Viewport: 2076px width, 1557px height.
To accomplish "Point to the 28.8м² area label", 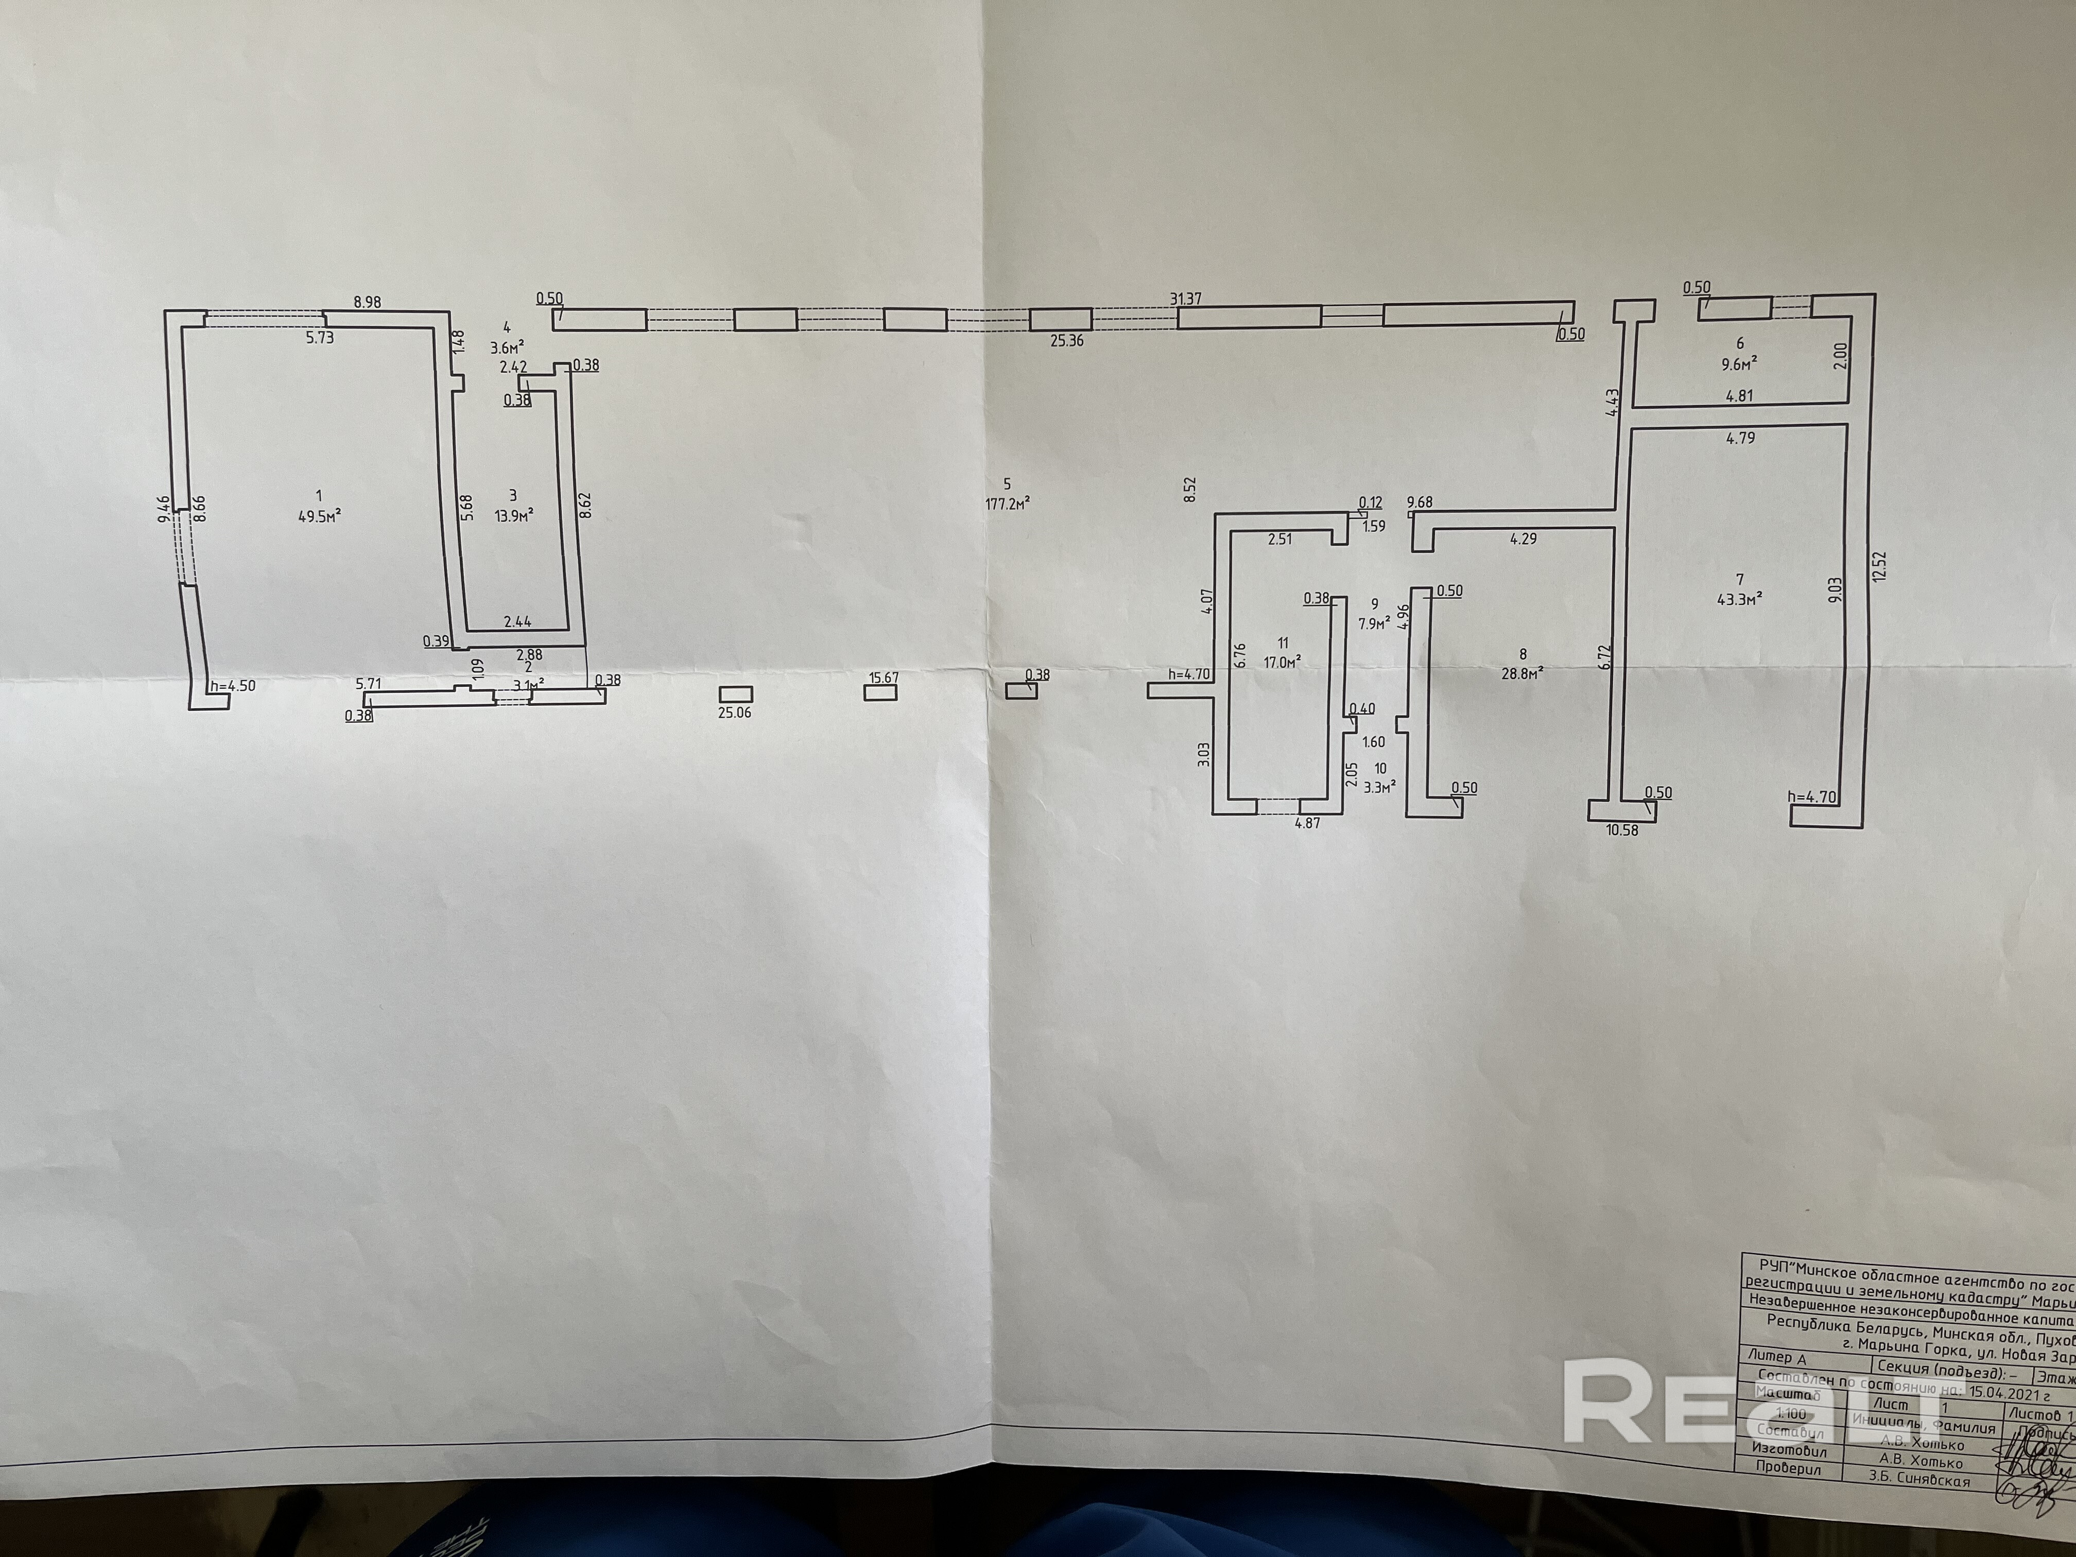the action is (x=1523, y=672).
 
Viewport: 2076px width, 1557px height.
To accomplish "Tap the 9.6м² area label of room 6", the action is (x=1739, y=361).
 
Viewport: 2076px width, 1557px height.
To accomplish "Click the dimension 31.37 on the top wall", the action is (x=1185, y=299).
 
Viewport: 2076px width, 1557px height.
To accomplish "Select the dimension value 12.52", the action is (x=1877, y=566).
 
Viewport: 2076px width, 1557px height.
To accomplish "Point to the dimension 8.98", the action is (x=369, y=302).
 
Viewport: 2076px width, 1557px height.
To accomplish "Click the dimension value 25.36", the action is (x=1067, y=341).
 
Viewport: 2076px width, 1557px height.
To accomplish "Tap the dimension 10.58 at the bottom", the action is (x=1622, y=829).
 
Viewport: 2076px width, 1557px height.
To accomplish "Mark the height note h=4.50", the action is (x=233, y=686).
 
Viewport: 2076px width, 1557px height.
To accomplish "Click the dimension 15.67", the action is (x=884, y=678).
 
